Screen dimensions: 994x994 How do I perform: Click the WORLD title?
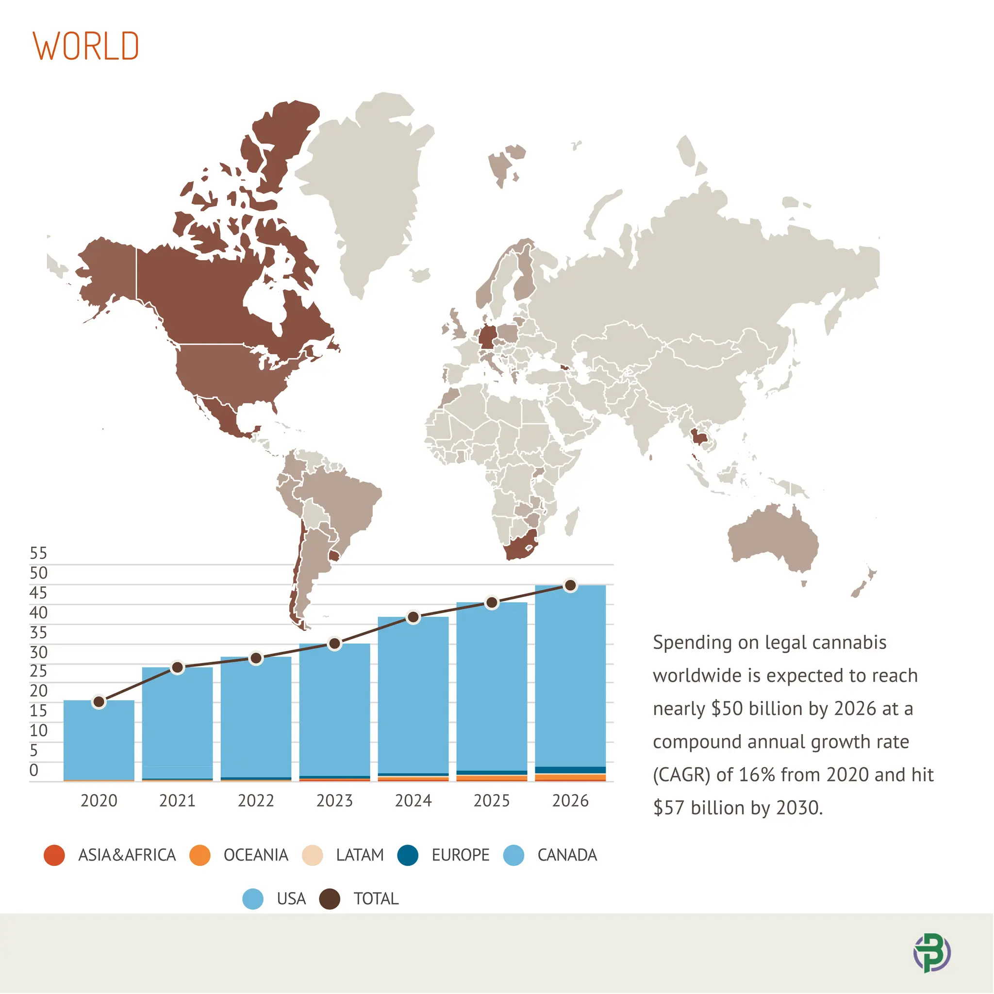click(86, 46)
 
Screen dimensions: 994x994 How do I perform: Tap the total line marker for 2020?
click(99, 702)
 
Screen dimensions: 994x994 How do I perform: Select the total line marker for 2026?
click(570, 585)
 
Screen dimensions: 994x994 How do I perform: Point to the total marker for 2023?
click(334, 644)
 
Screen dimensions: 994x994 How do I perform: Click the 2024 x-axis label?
click(413, 800)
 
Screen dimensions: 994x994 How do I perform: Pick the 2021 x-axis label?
click(178, 800)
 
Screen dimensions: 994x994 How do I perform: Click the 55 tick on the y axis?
click(38, 554)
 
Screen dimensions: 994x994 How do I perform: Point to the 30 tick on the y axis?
click(38, 652)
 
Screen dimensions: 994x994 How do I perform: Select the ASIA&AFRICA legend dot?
click(54, 855)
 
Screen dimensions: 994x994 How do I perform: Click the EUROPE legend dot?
click(408, 855)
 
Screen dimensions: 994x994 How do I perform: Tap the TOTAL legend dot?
click(329, 899)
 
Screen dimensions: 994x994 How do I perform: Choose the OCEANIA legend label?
click(256, 855)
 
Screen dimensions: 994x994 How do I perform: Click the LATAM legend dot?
click(312, 855)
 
